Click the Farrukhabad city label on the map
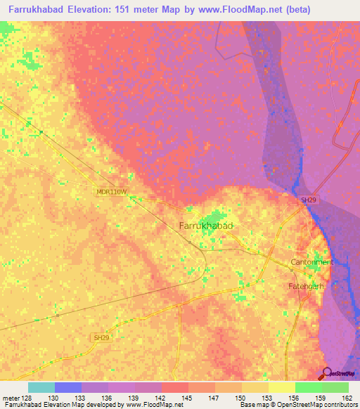(x=206, y=226)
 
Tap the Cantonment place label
(x=311, y=262)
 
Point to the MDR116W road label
(x=112, y=191)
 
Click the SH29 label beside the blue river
(x=309, y=200)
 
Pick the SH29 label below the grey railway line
(x=102, y=338)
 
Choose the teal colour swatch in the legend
(x=41, y=387)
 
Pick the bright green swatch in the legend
(x=308, y=387)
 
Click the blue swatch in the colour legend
(x=68, y=387)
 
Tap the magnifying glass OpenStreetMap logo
(x=327, y=373)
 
